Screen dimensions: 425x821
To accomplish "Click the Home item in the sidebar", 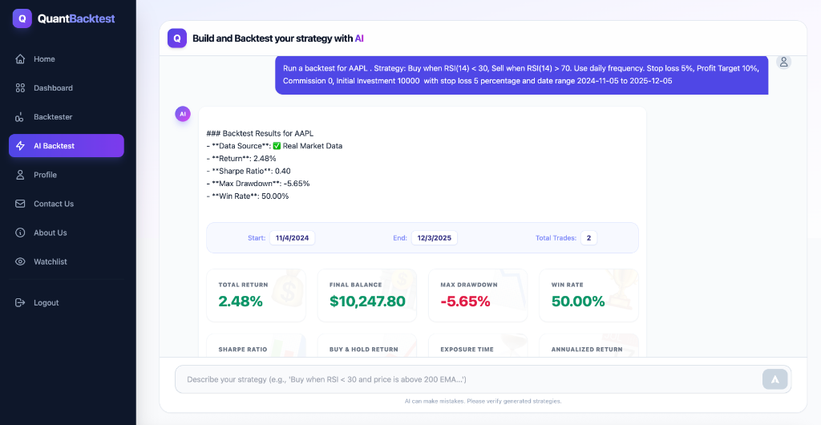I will coord(44,59).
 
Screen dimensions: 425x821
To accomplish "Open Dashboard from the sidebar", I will coord(53,88).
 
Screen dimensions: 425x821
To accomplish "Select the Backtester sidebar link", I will coord(53,117).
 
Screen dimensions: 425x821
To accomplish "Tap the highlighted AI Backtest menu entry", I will coord(66,146).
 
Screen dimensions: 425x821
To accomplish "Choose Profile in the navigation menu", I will coord(45,175).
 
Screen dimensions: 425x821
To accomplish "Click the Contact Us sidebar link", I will coord(53,204).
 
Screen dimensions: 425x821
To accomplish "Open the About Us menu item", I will coord(50,233).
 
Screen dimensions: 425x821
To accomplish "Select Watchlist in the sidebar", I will coord(50,261).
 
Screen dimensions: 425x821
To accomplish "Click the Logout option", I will coord(46,303).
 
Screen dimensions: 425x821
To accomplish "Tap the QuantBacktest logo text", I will coord(75,18).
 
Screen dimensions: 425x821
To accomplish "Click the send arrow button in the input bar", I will coord(774,379).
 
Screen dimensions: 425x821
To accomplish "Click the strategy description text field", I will coord(465,379).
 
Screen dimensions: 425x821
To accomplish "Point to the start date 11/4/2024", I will coord(293,238).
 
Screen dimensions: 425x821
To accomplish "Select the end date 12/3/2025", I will coord(435,238).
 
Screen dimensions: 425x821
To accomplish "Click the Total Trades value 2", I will coord(588,238).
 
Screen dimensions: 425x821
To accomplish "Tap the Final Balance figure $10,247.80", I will coord(367,302).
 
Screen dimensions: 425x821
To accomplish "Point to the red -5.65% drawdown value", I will coord(465,302).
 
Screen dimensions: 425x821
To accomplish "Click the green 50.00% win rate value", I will coord(578,302).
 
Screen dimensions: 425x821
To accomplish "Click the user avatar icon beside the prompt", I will coord(783,62).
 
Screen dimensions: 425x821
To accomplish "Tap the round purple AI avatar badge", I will coord(183,114).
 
